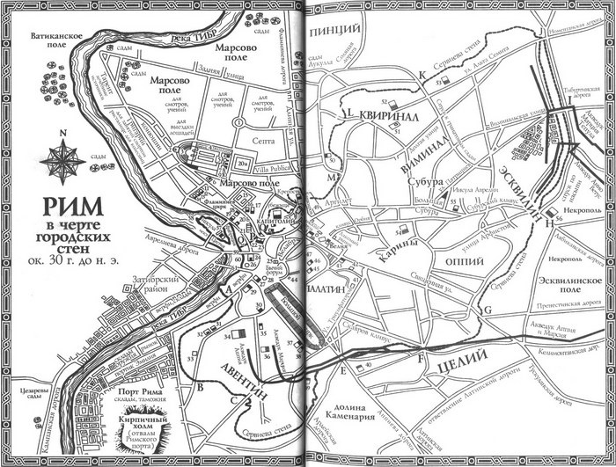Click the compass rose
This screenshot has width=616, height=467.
[64, 157]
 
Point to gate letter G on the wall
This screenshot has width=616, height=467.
[486, 310]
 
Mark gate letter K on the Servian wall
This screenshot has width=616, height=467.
[422, 76]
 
